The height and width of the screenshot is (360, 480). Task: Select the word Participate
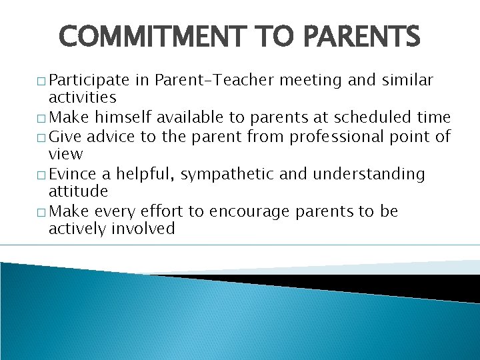pyautogui.click(x=89, y=81)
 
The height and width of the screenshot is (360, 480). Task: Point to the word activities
pyautogui.click(x=83, y=98)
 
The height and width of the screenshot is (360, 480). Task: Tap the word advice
pyautogui.click(x=102, y=137)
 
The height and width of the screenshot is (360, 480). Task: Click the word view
pyautogui.click(x=65, y=154)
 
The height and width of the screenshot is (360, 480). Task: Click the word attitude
pyautogui.click(x=78, y=191)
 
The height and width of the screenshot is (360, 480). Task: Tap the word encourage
pyautogui.click(x=248, y=212)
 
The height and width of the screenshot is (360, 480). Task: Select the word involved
pyautogui.click(x=143, y=229)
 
